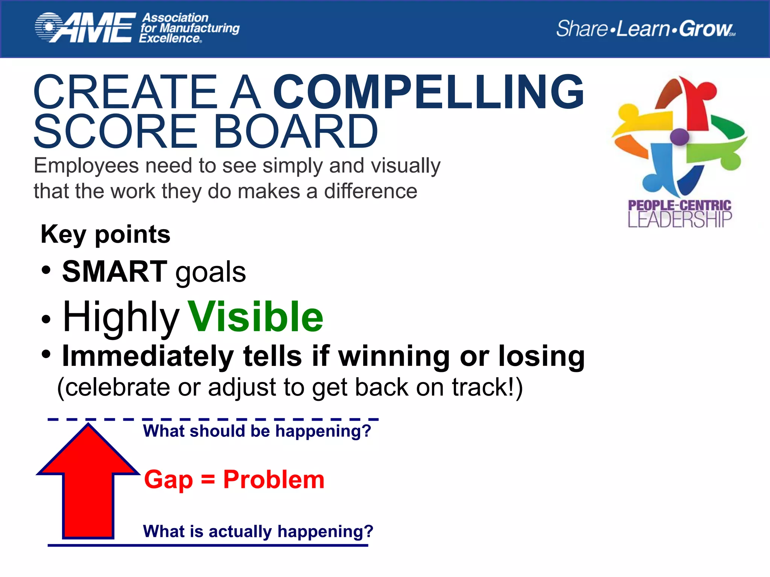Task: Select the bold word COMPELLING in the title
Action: tap(428, 92)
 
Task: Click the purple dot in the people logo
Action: tap(679, 137)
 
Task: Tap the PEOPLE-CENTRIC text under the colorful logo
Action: tap(679, 205)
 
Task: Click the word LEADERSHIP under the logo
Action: tap(679, 220)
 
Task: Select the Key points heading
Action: tap(105, 234)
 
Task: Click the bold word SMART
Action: tap(114, 272)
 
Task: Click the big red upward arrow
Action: tap(88, 485)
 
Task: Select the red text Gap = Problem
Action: tap(234, 480)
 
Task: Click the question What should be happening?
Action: tap(257, 431)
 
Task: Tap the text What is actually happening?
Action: tap(258, 531)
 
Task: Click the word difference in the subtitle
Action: tap(370, 191)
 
